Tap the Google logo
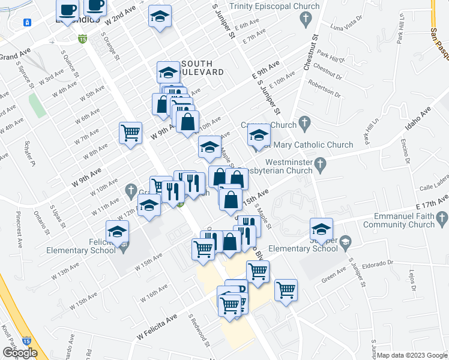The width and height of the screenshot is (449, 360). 20,352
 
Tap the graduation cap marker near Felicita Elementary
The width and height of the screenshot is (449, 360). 118,232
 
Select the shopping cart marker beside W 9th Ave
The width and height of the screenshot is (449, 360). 130,132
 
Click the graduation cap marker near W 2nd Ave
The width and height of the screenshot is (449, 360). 160,16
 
